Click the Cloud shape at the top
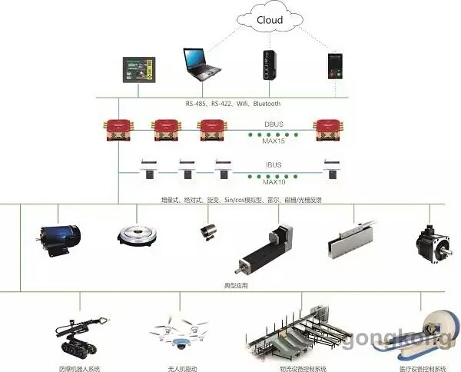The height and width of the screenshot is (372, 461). pos(269,22)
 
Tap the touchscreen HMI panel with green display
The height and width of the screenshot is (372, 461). pos(141,71)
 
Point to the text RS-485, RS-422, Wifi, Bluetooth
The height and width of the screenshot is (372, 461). pos(233,104)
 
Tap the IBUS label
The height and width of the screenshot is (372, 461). pos(273,164)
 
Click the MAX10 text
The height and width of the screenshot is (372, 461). pos(273,182)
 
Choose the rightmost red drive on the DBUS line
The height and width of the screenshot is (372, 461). pos(328,131)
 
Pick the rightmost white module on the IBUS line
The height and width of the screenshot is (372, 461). pos(332,169)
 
